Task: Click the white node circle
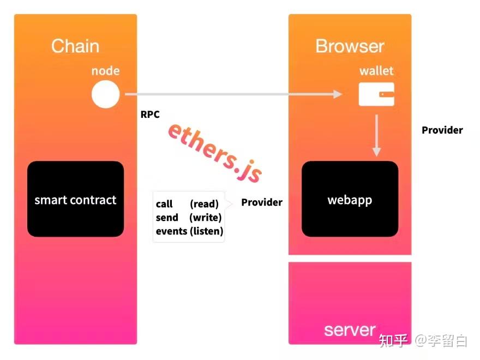pos(105,94)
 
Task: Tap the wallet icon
pos(376,94)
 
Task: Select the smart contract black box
pos(75,199)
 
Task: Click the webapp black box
pos(350,199)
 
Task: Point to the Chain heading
pos(75,46)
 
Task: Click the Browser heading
pos(350,46)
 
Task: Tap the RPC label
pos(150,115)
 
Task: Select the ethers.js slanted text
pos(214,152)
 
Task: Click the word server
pos(350,329)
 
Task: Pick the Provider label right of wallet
pos(442,130)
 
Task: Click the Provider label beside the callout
pos(262,202)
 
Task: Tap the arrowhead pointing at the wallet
pos(337,94)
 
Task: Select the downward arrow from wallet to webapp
pos(376,135)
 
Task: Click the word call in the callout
pos(164,204)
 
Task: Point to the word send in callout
pos(166,218)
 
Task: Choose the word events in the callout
pos(171,231)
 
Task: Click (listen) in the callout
pos(206,231)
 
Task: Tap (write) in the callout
pos(205,218)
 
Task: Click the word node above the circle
pos(105,71)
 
